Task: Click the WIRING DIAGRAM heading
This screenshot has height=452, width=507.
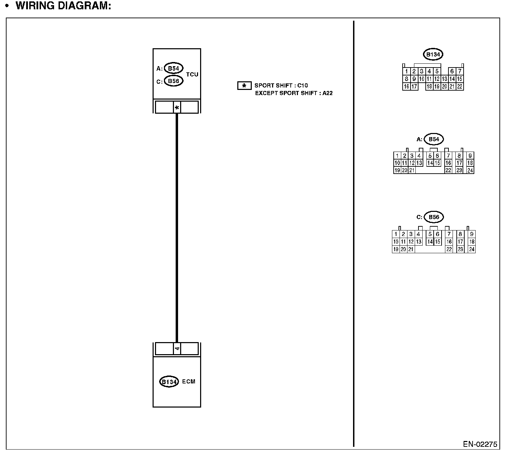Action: click(x=63, y=6)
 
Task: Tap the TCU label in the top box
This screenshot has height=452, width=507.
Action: click(x=192, y=74)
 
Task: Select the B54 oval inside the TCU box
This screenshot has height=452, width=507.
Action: click(x=174, y=68)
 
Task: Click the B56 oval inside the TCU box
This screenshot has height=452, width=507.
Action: click(x=174, y=81)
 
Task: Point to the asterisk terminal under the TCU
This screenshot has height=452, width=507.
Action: click(x=177, y=108)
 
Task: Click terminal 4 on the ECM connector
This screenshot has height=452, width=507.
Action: click(x=177, y=349)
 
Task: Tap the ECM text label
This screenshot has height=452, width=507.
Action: click(x=189, y=381)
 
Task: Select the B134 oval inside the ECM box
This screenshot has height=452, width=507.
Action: click(x=169, y=382)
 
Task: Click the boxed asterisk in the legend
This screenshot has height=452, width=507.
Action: click(x=244, y=86)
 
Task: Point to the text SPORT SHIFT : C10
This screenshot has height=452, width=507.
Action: click(x=281, y=85)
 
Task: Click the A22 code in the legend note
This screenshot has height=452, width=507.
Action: click(x=328, y=93)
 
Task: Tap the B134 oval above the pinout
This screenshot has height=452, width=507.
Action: click(x=433, y=54)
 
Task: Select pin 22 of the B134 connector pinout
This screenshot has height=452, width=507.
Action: click(x=459, y=86)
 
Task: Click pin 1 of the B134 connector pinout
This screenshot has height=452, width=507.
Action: click(x=407, y=71)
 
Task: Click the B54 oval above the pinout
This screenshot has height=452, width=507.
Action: click(x=434, y=139)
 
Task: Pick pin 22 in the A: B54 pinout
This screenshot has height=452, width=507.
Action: click(x=448, y=170)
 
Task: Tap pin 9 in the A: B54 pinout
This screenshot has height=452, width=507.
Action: click(x=470, y=156)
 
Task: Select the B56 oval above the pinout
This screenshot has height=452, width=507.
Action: click(x=434, y=217)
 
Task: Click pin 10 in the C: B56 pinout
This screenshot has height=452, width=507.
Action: click(x=396, y=242)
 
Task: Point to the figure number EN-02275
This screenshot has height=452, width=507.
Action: click(x=480, y=444)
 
